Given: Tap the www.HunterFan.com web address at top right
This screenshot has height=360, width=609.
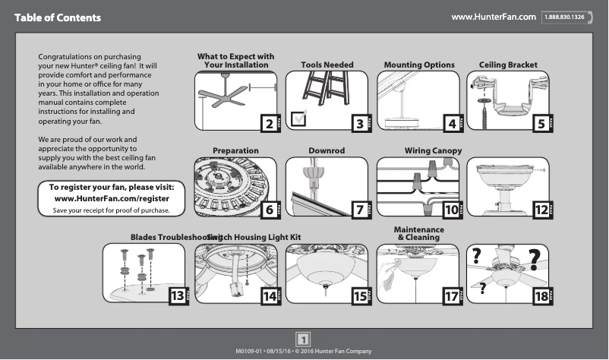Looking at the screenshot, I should (494, 17).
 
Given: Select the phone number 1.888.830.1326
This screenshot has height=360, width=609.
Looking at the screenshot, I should (563, 17).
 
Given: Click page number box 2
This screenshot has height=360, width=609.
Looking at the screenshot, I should (267, 123).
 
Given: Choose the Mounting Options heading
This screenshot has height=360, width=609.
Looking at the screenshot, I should (419, 65).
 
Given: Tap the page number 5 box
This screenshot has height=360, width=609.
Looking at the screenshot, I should (541, 123).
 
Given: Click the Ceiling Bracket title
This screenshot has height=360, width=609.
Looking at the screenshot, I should (508, 65).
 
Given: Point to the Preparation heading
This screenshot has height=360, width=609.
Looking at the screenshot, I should (235, 151).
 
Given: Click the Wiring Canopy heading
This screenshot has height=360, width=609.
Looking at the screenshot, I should (433, 151).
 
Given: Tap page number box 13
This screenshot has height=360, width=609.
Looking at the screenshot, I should (176, 296).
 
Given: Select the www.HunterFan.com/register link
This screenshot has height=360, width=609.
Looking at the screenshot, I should (112, 198).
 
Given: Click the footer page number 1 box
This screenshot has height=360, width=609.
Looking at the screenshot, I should (304, 340).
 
